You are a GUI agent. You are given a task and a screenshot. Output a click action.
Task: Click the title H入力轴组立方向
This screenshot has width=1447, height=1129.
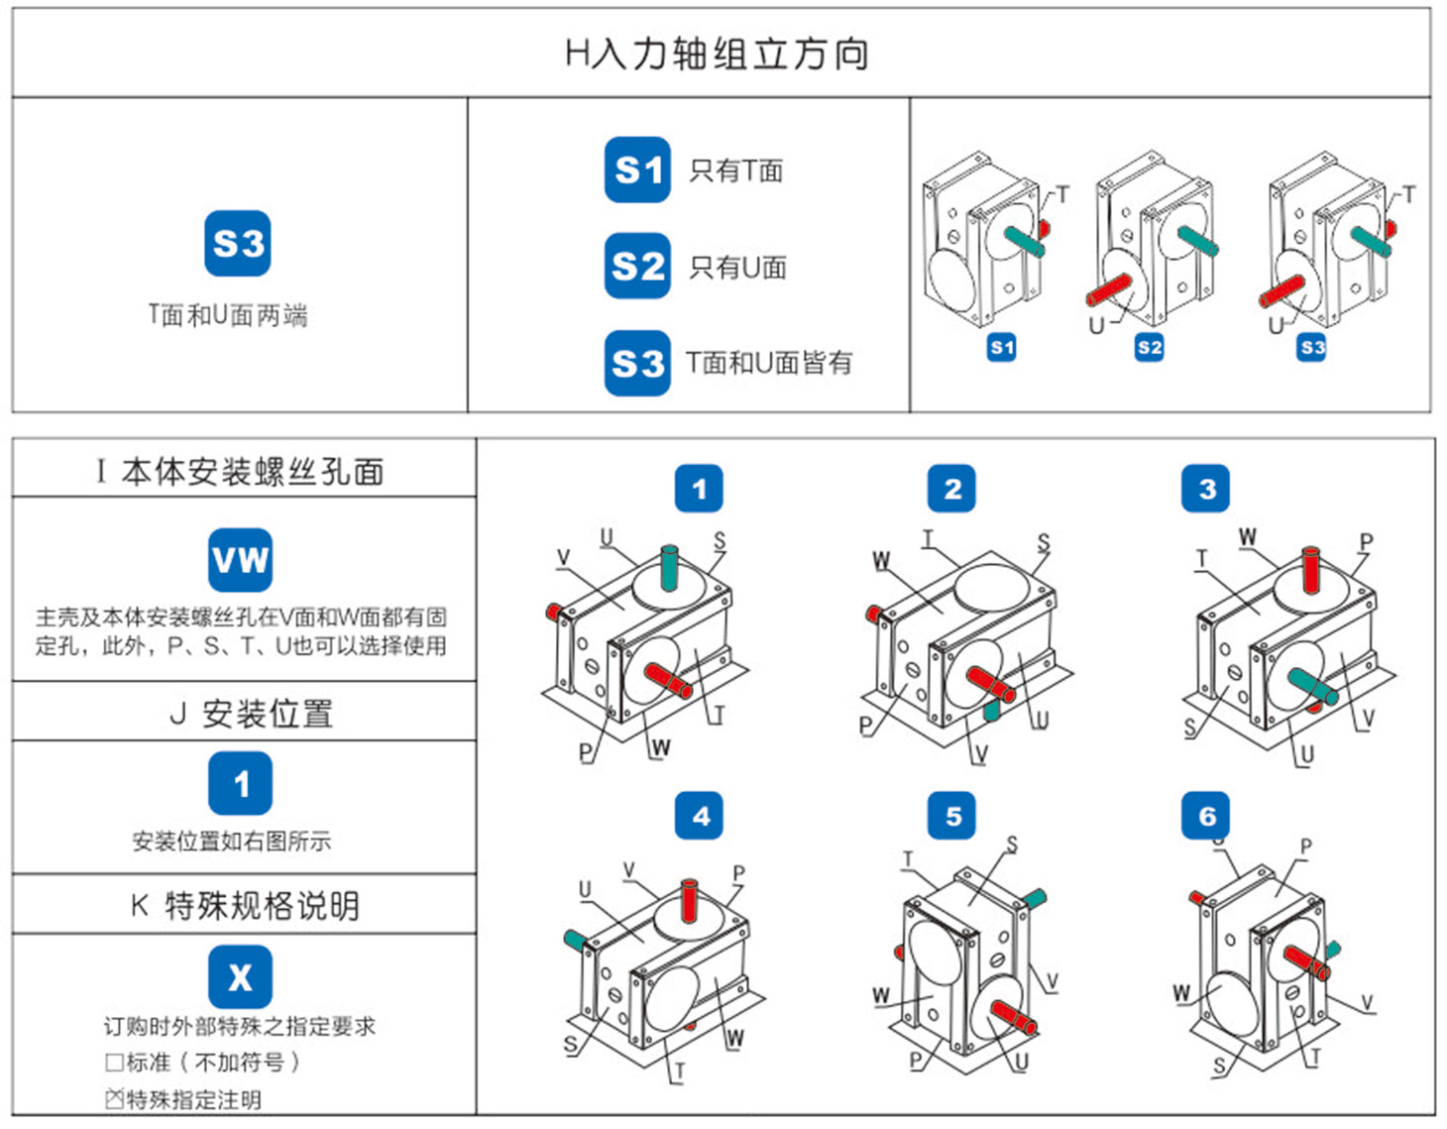coord(717,54)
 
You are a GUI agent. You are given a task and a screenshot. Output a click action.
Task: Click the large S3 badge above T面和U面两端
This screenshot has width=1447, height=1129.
coord(238,243)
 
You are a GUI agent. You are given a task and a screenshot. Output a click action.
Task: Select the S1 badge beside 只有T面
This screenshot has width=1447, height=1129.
coord(637,169)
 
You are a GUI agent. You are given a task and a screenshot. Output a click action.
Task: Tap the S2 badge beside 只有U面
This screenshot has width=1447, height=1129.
coord(637,266)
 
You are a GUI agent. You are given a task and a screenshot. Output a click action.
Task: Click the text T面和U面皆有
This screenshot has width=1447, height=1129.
coord(769,363)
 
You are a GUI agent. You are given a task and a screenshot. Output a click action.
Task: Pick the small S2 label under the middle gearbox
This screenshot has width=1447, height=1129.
coord(1149,347)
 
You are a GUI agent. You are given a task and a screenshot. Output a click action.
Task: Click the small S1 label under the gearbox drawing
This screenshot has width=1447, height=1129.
coord(1002,347)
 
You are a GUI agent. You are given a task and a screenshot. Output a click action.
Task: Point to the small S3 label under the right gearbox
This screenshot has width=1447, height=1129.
coord(1312,347)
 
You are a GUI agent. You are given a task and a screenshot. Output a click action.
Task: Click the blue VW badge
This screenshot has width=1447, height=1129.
coord(240,560)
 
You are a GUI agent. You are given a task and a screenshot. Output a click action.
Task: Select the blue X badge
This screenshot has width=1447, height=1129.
coord(240,977)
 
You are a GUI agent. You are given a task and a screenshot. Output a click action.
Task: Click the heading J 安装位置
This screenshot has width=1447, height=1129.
coord(252,713)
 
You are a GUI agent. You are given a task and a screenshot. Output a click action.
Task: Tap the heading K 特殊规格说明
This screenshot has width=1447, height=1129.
coord(245,905)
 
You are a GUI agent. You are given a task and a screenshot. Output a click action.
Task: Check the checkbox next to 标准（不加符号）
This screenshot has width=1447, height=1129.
coord(115,1063)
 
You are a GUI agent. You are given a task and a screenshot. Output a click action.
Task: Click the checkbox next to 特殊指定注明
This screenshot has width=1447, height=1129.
coord(115,1098)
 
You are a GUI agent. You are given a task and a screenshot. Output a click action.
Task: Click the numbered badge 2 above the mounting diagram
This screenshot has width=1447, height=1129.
coord(951,489)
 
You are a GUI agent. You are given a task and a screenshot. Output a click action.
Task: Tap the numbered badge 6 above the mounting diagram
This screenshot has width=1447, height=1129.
coord(1206,816)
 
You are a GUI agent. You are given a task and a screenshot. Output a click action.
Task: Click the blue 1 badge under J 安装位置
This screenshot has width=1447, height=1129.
coord(240,783)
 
